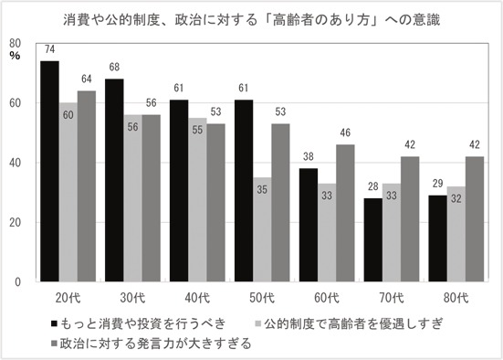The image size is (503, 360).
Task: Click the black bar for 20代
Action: [x=49, y=171]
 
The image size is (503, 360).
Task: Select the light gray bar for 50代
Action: [x=262, y=229]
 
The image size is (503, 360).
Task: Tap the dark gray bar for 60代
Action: [x=345, y=213]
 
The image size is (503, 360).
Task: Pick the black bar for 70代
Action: [x=373, y=240]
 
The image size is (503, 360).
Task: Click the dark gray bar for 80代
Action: [x=475, y=219]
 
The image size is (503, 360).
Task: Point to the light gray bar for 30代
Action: [x=132, y=198]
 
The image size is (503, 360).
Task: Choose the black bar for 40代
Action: [x=179, y=191]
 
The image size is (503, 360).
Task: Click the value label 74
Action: [x=49, y=49]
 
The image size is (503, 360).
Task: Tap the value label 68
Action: [x=114, y=67]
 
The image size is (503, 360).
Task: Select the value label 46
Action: [x=345, y=133]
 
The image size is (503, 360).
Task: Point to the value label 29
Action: [x=437, y=184]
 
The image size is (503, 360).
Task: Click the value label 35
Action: [x=262, y=190]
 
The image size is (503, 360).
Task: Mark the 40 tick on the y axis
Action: [x=16, y=163]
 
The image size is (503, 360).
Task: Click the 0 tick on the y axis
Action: [x=17, y=282]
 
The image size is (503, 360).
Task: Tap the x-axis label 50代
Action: [x=262, y=299]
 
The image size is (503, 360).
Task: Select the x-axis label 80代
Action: [x=456, y=299]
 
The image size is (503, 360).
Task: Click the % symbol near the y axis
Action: [x=15, y=56]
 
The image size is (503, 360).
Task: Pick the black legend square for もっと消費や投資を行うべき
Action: [x=54, y=323]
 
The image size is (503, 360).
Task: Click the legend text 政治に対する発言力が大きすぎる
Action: [x=155, y=344]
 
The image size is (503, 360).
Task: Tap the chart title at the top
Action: [x=252, y=20]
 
